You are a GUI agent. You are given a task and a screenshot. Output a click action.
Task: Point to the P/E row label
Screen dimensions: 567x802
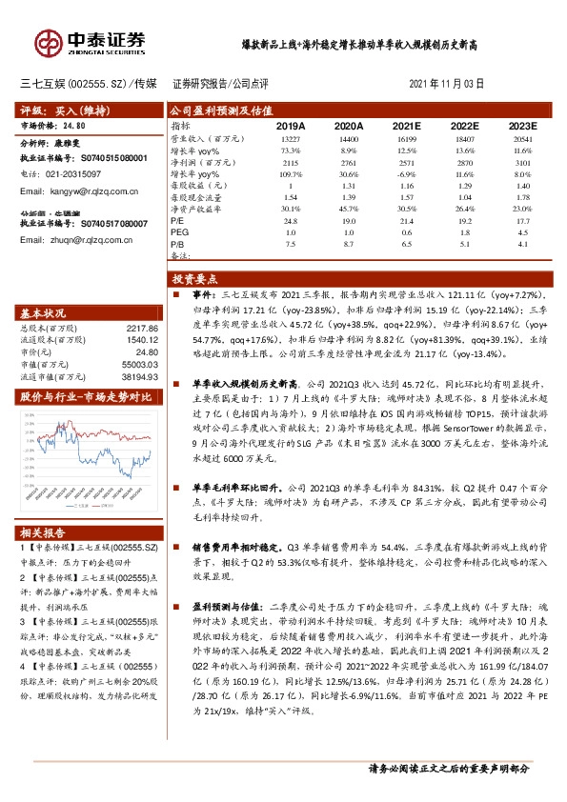pos(178,219)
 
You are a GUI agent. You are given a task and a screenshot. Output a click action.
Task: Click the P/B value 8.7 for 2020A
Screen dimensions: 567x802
pos(349,244)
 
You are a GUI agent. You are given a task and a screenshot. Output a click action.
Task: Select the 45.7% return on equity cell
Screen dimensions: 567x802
pos(348,208)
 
